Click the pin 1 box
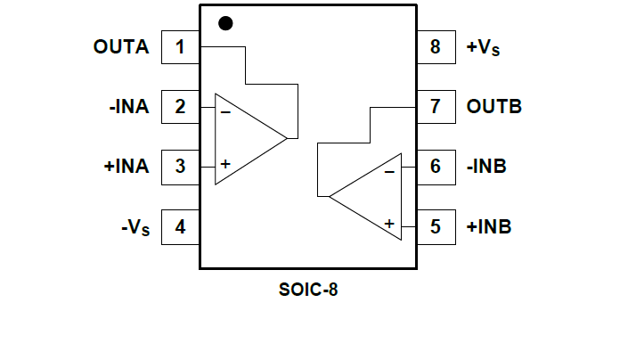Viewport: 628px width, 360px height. (x=180, y=47)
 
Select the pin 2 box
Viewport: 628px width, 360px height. (x=180, y=107)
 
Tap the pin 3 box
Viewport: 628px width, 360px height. (x=180, y=167)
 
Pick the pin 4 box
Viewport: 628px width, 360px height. (x=180, y=226)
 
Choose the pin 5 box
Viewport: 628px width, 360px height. (x=435, y=226)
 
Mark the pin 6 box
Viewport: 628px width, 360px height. (x=435, y=167)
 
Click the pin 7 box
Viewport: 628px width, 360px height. (x=435, y=107)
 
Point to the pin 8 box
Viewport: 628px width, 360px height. (x=435, y=47)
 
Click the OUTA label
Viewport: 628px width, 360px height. (x=121, y=47)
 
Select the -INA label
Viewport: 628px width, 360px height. (x=129, y=107)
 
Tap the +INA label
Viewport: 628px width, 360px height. (x=126, y=167)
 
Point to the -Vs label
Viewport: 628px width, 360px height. (x=135, y=227)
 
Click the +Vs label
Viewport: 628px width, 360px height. (x=483, y=48)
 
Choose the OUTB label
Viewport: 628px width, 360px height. (x=493, y=107)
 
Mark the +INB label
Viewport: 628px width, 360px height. (x=489, y=226)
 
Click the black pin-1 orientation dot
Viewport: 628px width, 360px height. (x=225, y=23)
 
